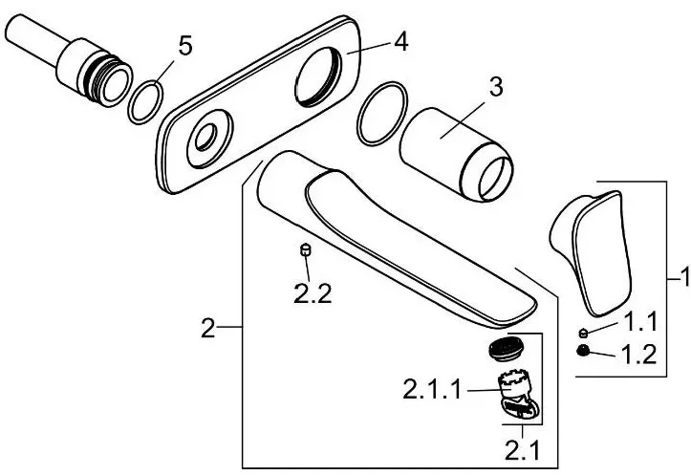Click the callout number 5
(x=185, y=46)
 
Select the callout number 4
(x=401, y=43)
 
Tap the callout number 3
(x=496, y=87)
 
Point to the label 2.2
(x=313, y=293)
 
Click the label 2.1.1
(x=432, y=390)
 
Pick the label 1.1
(x=641, y=321)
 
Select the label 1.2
(x=639, y=354)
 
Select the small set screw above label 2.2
(x=305, y=249)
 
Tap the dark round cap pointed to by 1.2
(x=583, y=351)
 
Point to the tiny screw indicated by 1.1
(x=583, y=333)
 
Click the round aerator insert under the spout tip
(x=506, y=350)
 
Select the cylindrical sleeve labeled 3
(x=456, y=154)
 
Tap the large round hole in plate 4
(x=318, y=76)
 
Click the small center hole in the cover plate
(x=206, y=137)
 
